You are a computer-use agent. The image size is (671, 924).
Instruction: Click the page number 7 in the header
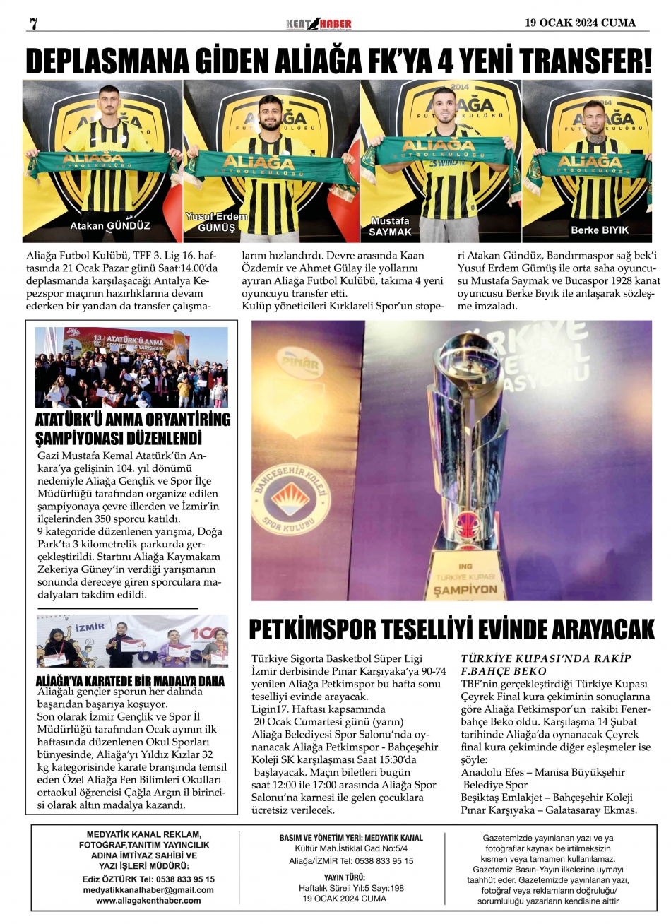(x=32, y=23)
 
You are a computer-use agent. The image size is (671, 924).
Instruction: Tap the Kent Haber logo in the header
(x=318, y=24)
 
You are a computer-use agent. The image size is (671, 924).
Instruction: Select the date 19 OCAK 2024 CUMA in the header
(x=580, y=23)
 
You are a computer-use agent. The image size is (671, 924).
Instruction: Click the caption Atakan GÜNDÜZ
(x=109, y=227)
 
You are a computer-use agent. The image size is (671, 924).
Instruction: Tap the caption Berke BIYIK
(x=599, y=230)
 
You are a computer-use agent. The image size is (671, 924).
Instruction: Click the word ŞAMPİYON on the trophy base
(x=465, y=588)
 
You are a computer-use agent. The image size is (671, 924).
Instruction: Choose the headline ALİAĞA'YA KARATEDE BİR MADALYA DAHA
(x=130, y=682)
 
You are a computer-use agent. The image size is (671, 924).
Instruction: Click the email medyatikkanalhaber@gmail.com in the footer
(x=148, y=890)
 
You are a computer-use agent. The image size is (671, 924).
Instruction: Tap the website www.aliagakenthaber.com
(x=148, y=901)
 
